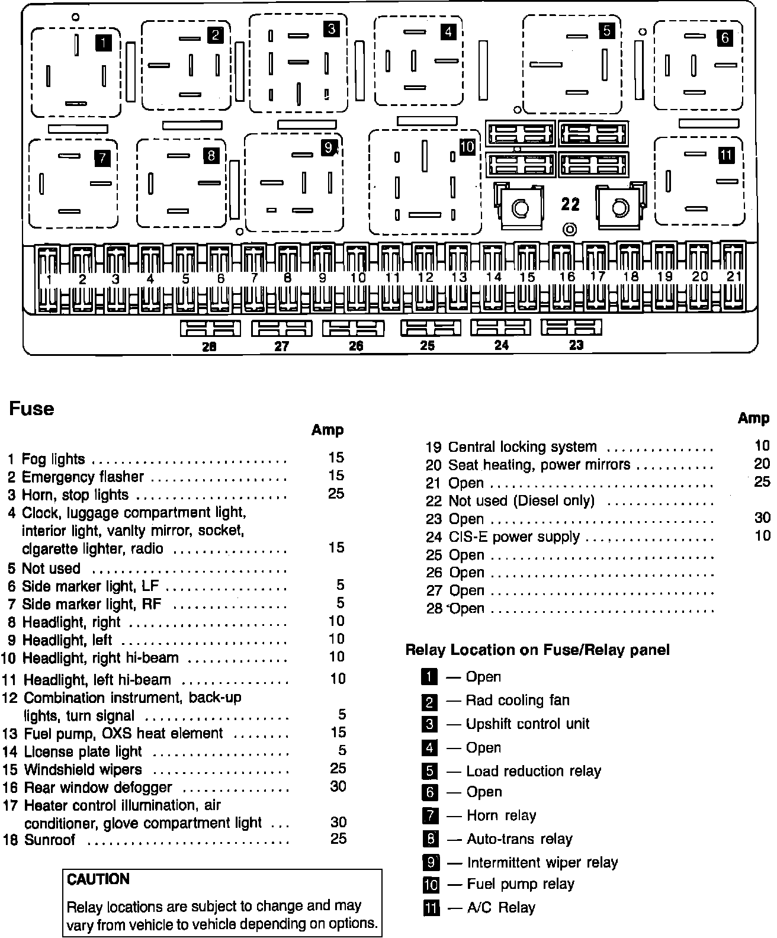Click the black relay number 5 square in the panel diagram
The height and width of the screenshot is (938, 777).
pos(606,30)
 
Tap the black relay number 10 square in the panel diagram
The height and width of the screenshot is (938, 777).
pos(467,147)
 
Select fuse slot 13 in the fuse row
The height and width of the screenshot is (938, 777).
pos(458,277)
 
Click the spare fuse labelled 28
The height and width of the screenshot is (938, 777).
pos(210,328)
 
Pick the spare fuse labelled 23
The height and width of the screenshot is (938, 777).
pos(571,327)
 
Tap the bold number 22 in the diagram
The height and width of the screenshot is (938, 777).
pos(570,204)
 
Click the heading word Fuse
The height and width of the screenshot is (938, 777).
pos(31,409)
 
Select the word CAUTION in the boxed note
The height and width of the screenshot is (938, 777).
pos(98,879)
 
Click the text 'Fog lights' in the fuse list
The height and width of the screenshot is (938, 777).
pos(53,459)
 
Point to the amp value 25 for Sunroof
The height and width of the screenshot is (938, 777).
pos(338,839)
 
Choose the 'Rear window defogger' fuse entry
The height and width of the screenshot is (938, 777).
pos(98,787)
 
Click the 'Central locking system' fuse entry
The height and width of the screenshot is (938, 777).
pos(522,446)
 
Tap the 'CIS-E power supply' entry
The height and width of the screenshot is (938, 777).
pos(514,537)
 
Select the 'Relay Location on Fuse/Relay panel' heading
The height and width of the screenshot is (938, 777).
pos(537,650)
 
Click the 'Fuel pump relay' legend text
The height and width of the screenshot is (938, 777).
pos(521,884)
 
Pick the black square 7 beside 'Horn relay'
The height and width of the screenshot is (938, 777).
pos(431,815)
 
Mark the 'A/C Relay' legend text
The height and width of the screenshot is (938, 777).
pos(501,907)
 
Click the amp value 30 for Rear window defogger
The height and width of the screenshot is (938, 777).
pos(338,786)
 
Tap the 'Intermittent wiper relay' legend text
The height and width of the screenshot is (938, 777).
pos(542,862)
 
